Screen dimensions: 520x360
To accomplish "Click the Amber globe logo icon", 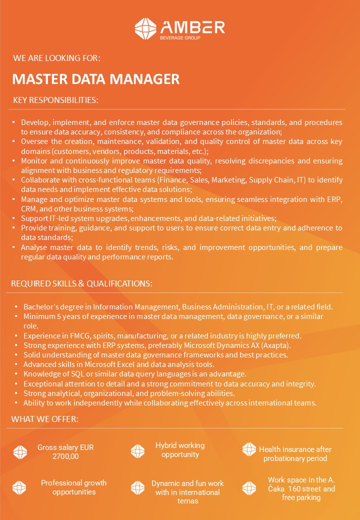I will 145,28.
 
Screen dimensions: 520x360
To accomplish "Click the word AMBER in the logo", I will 192,26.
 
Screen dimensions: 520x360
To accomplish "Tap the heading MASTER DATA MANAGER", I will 95,79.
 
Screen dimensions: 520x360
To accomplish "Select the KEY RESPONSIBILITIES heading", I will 55,100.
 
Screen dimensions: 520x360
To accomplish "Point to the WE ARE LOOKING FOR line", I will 57,58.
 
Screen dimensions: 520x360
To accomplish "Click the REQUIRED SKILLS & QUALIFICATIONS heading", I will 81,283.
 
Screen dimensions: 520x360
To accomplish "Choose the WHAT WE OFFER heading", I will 45,418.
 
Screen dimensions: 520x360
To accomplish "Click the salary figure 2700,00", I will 65,456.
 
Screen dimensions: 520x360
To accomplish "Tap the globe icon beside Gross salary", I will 19,451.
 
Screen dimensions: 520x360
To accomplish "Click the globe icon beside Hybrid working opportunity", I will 137,451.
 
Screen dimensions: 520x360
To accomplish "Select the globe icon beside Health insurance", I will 249,449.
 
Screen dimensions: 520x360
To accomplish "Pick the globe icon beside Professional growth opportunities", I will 19,487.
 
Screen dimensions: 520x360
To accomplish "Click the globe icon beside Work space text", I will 249,488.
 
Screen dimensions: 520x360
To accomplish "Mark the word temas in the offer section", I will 187,501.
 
